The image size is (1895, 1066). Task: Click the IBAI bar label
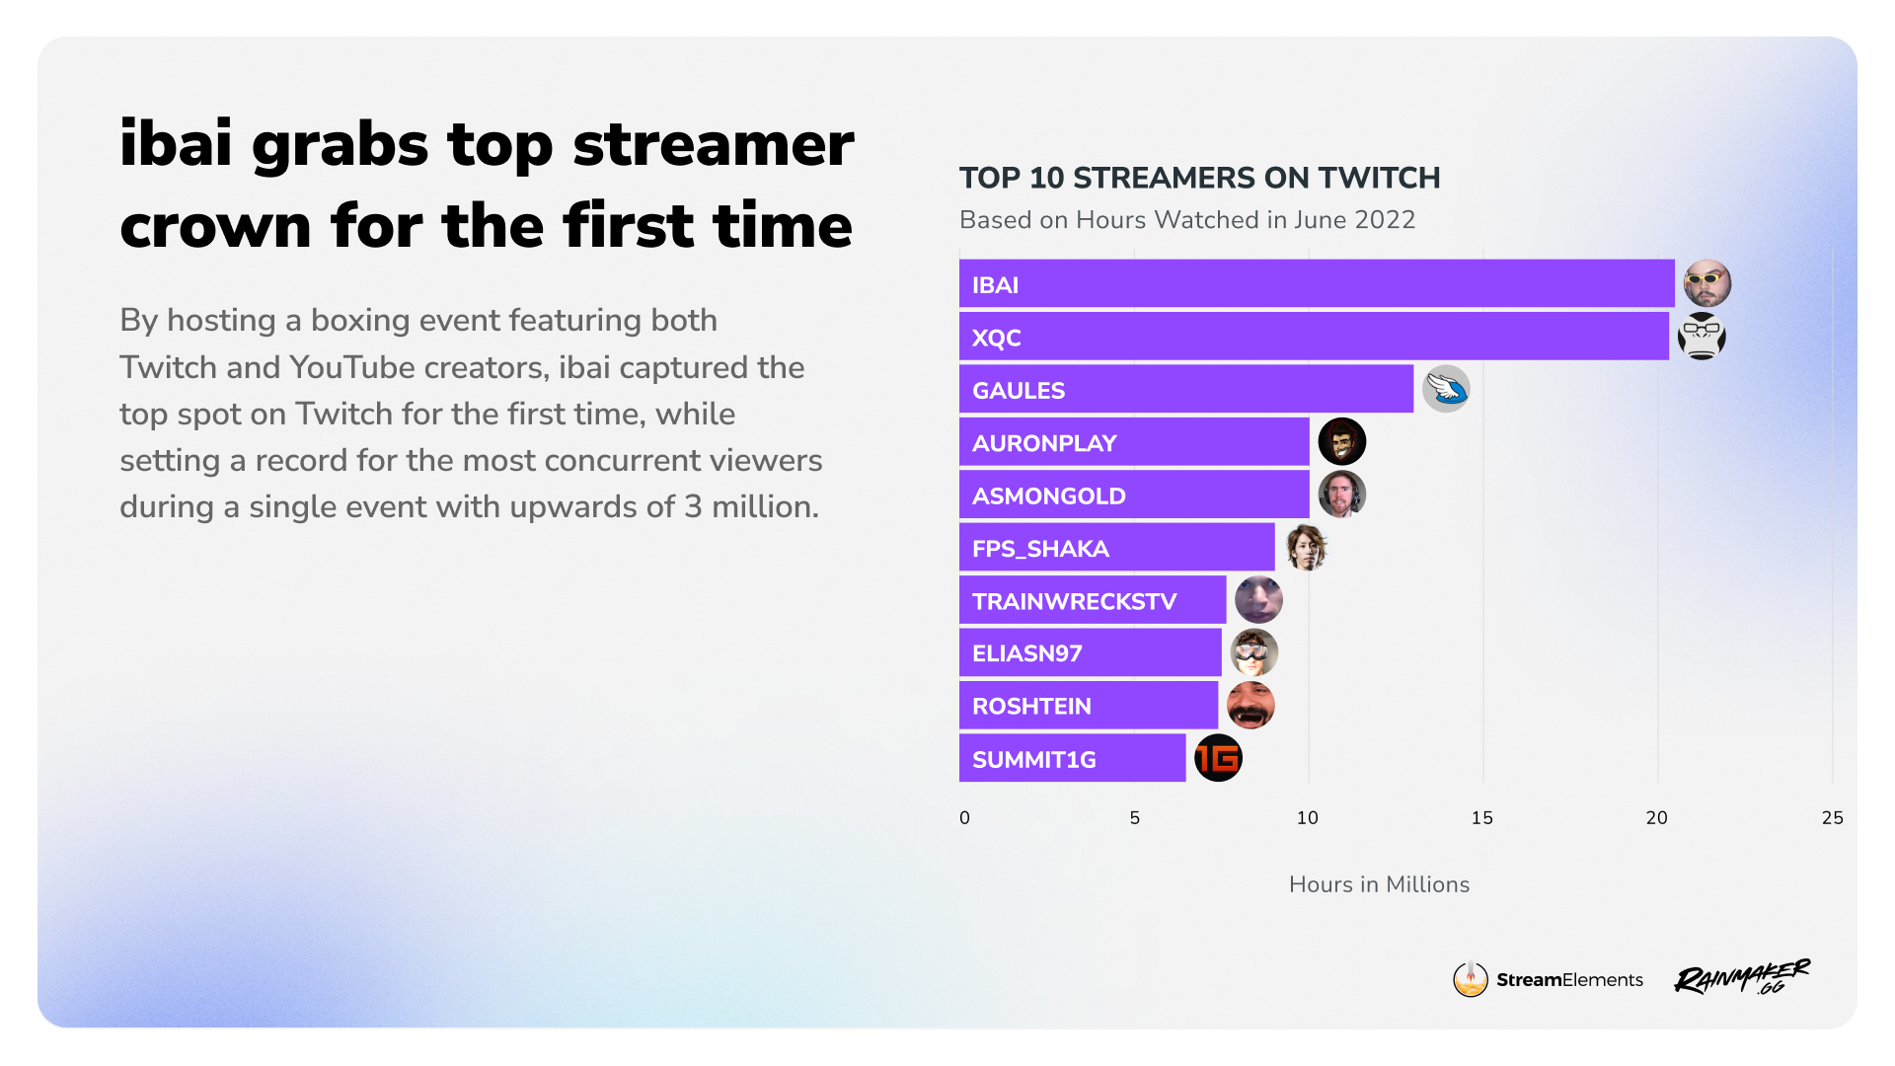(x=995, y=285)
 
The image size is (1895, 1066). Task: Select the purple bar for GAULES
(x=1186, y=389)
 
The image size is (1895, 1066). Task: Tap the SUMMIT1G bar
(x=1073, y=758)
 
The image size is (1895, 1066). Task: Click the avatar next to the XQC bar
(x=1702, y=337)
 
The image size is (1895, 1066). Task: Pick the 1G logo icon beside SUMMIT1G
(x=1218, y=758)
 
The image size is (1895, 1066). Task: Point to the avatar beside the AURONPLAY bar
(x=1342, y=441)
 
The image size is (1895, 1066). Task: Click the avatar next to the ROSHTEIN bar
(x=1251, y=705)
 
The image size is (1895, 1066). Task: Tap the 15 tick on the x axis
(x=1482, y=817)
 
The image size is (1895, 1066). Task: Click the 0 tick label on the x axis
(x=964, y=817)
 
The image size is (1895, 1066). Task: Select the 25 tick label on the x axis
(x=1832, y=817)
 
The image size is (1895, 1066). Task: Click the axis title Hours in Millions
(x=1379, y=884)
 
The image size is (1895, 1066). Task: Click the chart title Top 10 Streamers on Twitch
(x=1199, y=178)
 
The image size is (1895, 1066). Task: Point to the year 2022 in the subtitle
(x=1385, y=219)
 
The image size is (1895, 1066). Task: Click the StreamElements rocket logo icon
(x=1470, y=979)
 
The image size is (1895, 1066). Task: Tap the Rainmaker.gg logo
(x=1742, y=976)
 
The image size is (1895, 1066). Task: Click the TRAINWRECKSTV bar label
(x=1074, y=601)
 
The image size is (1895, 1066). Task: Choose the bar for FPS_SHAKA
(x=1117, y=547)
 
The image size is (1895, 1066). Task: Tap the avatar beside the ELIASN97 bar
(x=1254, y=652)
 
